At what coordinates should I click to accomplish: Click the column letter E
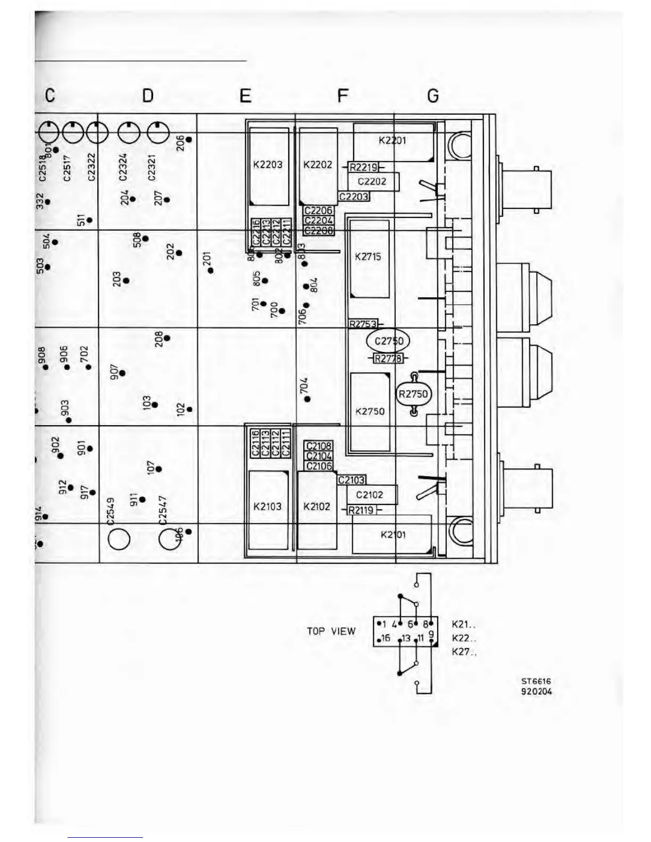pyautogui.click(x=245, y=96)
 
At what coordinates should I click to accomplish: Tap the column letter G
pyautogui.click(x=433, y=96)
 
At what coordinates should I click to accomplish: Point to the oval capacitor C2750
pyautogui.click(x=388, y=341)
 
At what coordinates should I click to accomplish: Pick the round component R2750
pyautogui.click(x=413, y=394)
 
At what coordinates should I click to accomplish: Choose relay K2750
pyautogui.click(x=370, y=411)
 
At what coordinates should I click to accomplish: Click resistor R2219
pyautogui.click(x=363, y=167)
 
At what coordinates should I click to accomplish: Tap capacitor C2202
pyautogui.click(x=372, y=181)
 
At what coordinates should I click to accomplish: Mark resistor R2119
pyautogui.click(x=362, y=510)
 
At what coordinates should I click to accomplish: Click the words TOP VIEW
pyautogui.click(x=331, y=631)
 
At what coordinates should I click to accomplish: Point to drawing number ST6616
pyautogui.click(x=536, y=681)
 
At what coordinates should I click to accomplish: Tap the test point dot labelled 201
pyautogui.click(x=211, y=271)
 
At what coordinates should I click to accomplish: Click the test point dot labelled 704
pyautogui.click(x=307, y=399)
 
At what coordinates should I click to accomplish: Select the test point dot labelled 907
pyautogui.click(x=122, y=373)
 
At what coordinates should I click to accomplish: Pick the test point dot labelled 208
pyautogui.click(x=167, y=338)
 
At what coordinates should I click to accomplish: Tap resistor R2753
pyautogui.click(x=363, y=324)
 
